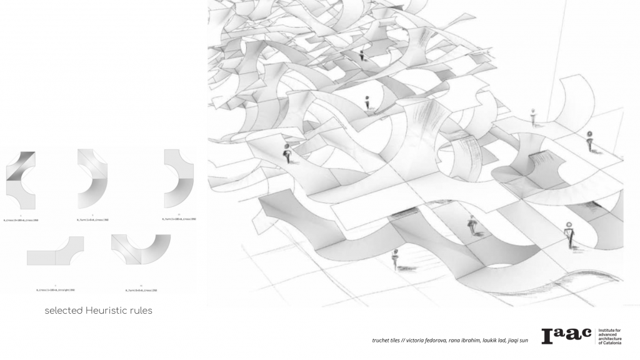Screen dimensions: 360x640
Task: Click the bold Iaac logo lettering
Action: [x=566, y=335]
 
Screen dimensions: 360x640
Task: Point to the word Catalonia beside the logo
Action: [x=609, y=343]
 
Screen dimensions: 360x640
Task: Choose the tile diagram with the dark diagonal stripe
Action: [x=20, y=179]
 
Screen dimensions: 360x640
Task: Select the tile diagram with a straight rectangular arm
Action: [x=55, y=251]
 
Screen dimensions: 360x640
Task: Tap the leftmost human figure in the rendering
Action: [x=287, y=152]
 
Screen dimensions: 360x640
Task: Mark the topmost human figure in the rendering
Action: [x=361, y=54]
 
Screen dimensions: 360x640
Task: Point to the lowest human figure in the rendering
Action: [x=395, y=258]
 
